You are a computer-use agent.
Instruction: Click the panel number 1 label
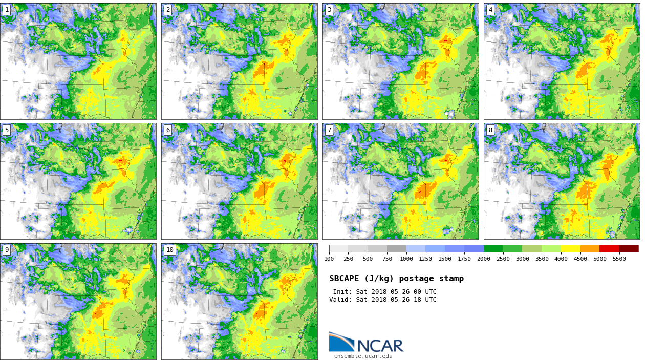pos(7,10)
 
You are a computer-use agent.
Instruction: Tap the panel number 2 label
pos(168,10)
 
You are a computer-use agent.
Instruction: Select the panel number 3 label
pos(329,10)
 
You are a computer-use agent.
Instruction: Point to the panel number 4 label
pos(490,10)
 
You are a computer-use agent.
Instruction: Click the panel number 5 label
pos(7,130)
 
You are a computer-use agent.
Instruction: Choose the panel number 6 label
pos(168,130)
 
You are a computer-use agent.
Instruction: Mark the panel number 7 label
pos(329,130)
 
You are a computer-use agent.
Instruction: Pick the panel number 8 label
pos(490,130)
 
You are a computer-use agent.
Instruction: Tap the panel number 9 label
pos(7,250)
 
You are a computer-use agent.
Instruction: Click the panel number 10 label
pos(169,250)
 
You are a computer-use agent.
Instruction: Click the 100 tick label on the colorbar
pos(329,259)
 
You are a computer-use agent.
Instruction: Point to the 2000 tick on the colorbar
pos(484,259)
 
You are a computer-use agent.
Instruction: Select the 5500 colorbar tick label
pos(619,259)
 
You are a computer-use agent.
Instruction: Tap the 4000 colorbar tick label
pos(561,259)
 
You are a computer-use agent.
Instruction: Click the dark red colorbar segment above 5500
pos(629,248)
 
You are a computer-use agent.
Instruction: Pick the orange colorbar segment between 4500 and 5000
pos(590,248)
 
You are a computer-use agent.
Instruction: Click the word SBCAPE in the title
pos(344,279)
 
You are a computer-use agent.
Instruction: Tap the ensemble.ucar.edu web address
pos(363,356)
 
